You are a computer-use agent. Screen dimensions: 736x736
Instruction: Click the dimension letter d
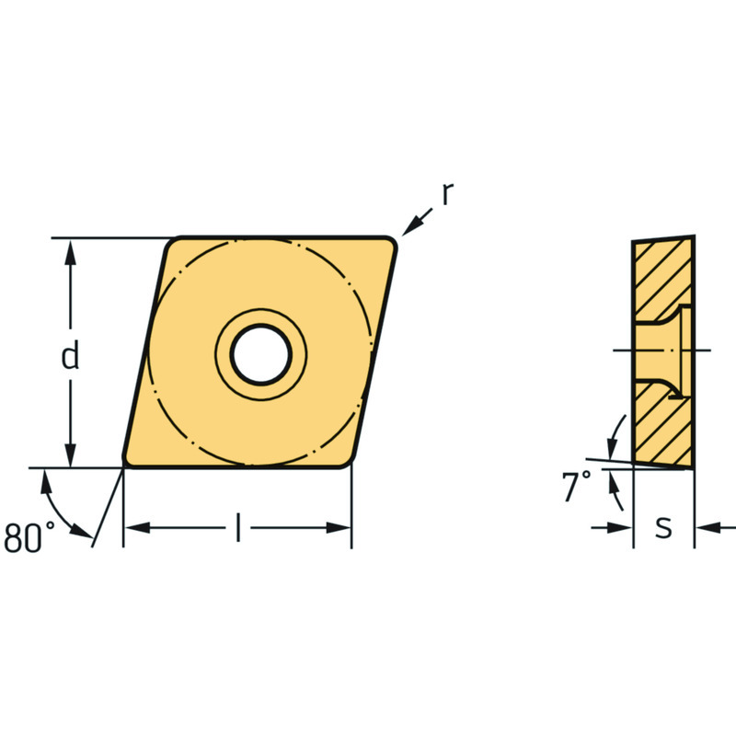(71, 355)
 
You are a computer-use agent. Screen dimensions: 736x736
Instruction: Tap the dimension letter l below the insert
(238, 527)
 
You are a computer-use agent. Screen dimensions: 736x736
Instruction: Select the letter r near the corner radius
(448, 194)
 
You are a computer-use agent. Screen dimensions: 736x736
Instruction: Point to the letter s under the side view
(663, 527)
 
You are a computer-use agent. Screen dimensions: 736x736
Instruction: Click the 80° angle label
(29, 537)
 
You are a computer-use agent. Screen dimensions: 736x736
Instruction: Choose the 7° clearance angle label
(577, 487)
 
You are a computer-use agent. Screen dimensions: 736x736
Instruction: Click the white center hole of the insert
(261, 355)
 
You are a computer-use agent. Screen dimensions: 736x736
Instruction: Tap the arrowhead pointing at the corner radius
(409, 228)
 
